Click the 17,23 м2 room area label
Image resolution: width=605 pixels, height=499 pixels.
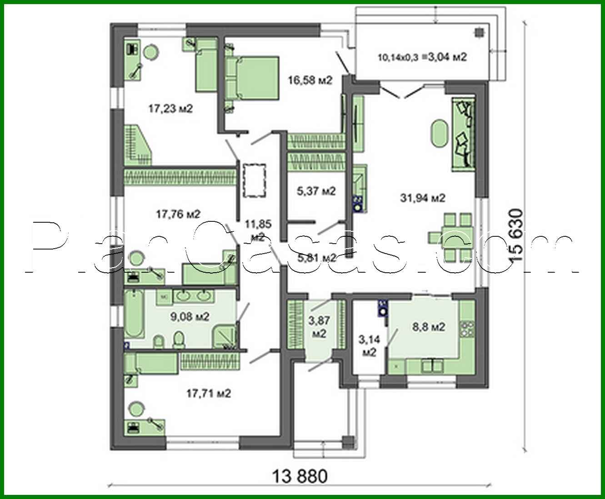pos(170,109)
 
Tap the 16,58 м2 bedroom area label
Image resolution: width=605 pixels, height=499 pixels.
pos(310,81)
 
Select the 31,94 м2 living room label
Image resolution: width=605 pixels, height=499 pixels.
pos(422,198)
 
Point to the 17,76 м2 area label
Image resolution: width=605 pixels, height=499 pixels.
pos(178,214)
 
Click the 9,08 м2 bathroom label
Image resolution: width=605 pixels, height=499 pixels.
pos(190,317)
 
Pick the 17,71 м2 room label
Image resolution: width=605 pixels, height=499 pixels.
pos(209,393)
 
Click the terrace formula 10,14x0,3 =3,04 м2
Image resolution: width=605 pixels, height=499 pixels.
pos(422,57)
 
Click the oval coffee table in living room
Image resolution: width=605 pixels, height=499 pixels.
pos(439,133)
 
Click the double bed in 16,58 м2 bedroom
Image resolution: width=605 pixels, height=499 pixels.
pos(252,77)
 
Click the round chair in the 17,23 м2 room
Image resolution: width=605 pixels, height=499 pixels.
pos(151,53)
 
